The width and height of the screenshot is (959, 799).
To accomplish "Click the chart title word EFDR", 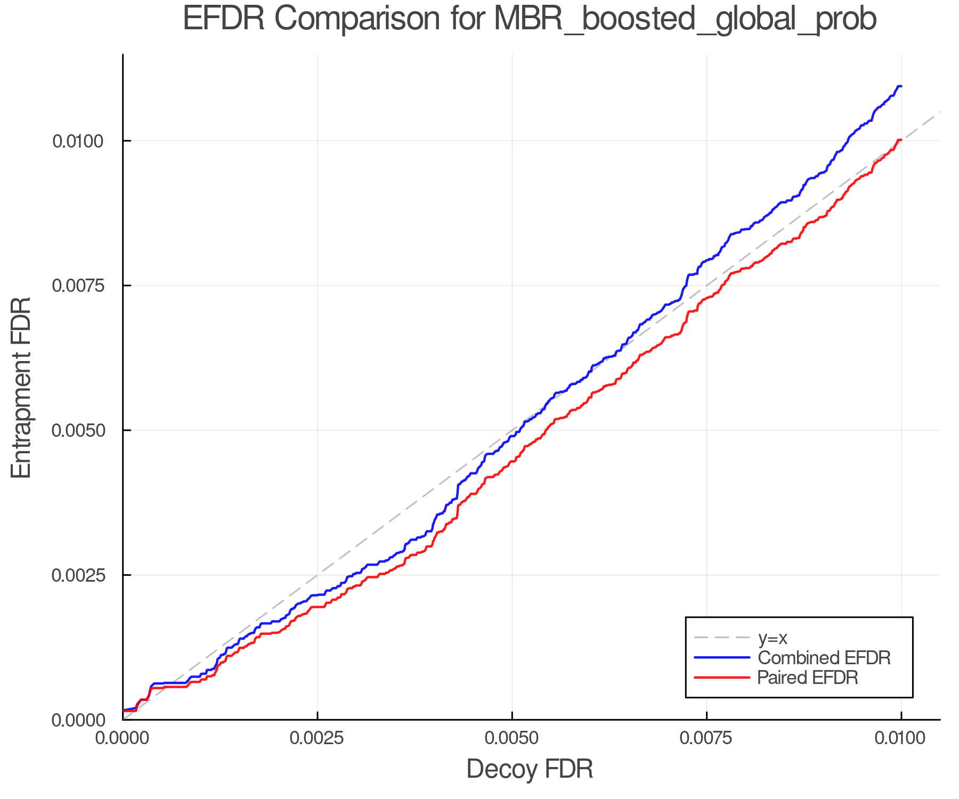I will (x=223, y=19).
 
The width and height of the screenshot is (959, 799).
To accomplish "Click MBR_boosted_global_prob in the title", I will (x=685, y=20).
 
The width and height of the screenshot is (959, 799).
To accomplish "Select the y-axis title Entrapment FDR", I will (x=21, y=387).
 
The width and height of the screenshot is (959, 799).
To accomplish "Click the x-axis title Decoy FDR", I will (x=530, y=769).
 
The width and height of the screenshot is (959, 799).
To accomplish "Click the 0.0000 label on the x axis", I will (x=123, y=738).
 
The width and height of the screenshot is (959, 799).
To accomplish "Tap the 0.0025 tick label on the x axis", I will (x=318, y=738).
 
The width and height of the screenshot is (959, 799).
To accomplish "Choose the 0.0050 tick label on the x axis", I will (x=512, y=738).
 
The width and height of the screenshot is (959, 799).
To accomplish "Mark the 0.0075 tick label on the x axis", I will (x=707, y=738).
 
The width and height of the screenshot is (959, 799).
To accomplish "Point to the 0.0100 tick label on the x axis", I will (x=901, y=738).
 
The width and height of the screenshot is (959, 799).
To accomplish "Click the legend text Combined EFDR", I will (x=824, y=658).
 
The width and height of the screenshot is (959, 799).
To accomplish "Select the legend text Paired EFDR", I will (x=808, y=678).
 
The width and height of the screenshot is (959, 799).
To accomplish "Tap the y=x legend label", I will (x=772, y=638).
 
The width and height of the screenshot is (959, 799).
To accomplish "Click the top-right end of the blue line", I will (x=900, y=86).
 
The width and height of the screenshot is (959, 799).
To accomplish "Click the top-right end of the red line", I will (x=900, y=140).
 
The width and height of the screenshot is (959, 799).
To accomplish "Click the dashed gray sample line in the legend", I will (x=722, y=638).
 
